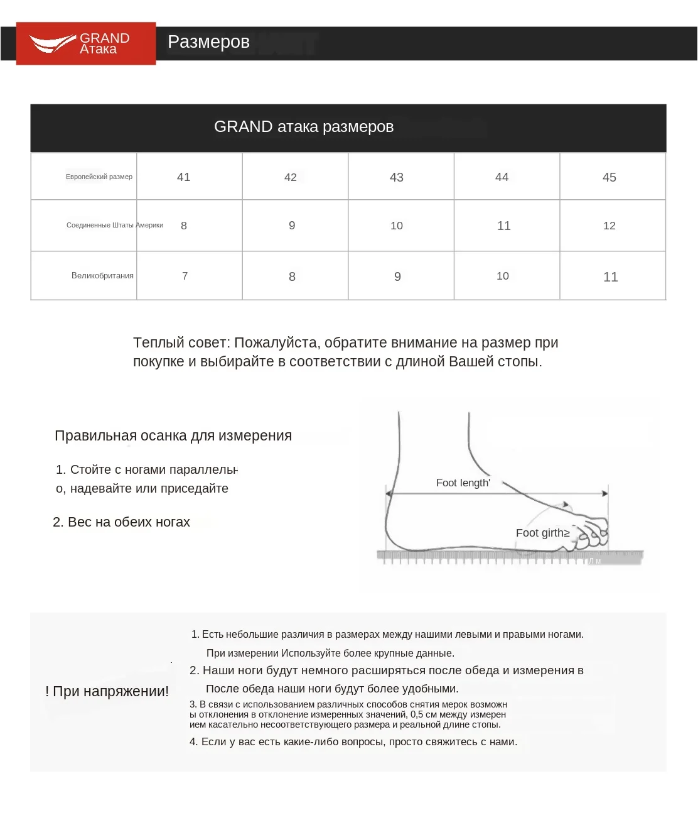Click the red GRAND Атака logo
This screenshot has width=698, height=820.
pos(86,43)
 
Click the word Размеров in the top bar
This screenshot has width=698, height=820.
pos(208,42)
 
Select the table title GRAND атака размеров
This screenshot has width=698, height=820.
pos(304,127)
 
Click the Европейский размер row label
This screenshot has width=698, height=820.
pos(99,177)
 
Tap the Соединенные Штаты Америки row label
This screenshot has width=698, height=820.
pos(114,226)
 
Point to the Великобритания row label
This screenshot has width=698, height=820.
pos(102,276)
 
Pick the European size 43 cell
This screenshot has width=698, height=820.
pos(397,177)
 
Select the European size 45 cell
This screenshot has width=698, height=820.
pos(609,177)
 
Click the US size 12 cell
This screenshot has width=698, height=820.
pos(609,226)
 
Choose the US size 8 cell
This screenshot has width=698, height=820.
pos(184,226)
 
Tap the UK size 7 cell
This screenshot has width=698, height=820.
pos(185,276)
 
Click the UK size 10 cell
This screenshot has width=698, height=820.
pos(503,276)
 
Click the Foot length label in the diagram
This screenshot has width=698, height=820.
pos(463,483)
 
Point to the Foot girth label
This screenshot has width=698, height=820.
pos(542,533)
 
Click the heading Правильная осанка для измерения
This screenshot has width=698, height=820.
pos(173,436)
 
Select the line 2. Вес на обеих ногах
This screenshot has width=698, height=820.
pos(121,522)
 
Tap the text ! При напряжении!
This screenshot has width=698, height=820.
pos(107,692)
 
